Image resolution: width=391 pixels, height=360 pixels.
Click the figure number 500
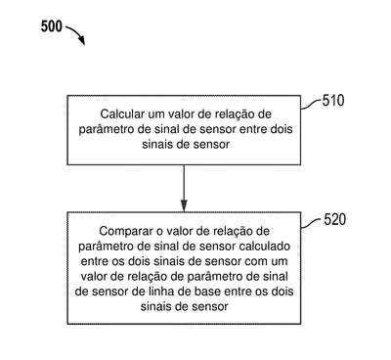(51, 26)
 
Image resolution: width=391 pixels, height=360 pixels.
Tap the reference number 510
(333, 101)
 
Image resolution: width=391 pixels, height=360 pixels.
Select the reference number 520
(334, 219)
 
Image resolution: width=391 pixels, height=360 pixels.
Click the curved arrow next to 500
(75, 33)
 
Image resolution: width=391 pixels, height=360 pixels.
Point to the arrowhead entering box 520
(184, 205)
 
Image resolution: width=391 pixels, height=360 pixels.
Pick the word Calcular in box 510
(122, 114)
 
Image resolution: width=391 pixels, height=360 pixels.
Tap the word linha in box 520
(157, 292)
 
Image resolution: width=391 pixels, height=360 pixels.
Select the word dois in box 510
(282, 129)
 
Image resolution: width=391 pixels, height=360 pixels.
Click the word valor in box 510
(181, 114)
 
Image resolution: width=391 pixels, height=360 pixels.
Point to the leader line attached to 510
(311, 105)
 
